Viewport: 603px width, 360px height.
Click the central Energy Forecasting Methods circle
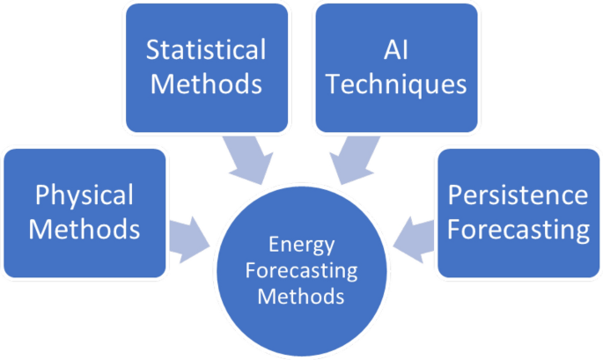[301, 268]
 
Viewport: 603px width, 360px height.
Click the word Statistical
[205, 49]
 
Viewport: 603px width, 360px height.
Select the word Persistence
[518, 195]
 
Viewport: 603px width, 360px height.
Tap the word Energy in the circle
[301, 243]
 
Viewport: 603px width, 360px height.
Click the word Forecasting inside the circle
[301, 269]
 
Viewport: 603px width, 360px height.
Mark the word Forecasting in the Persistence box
[518, 231]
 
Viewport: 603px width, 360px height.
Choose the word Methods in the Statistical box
[206, 85]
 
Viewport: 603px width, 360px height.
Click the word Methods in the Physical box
[85, 231]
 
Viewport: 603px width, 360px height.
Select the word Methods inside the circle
[301, 296]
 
